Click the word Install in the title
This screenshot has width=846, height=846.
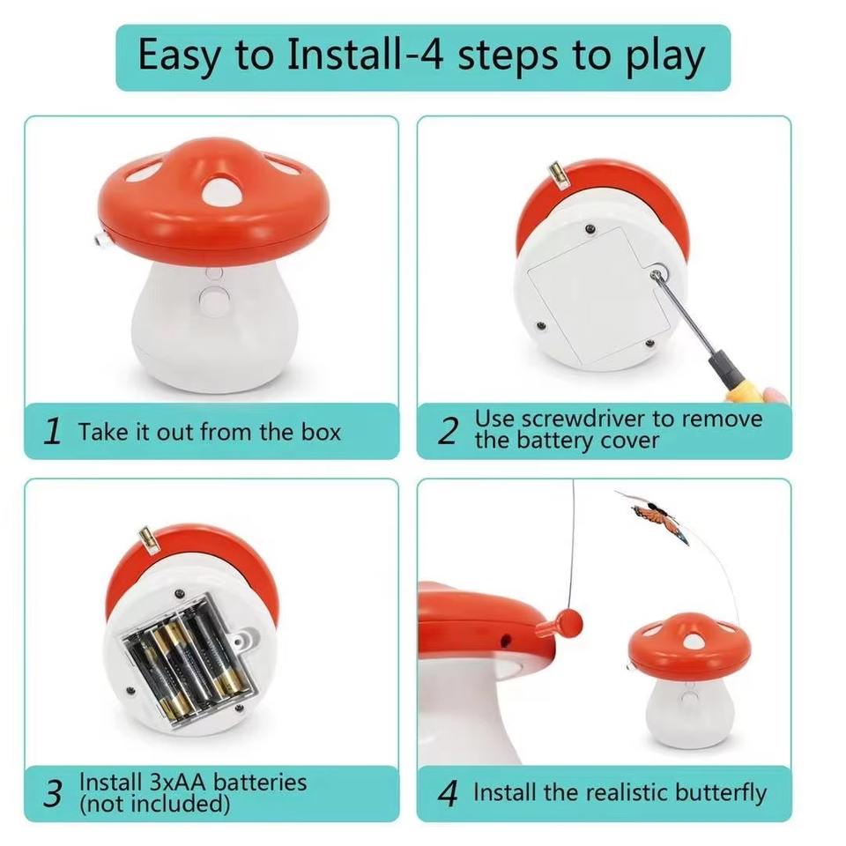[342, 55]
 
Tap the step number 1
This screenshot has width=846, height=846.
[52, 432]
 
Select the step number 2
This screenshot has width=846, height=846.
[448, 431]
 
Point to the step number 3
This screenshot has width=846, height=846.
[53, 794]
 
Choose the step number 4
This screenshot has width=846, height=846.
[448, 794]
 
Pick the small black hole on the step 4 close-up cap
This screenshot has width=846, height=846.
[506, 641]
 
